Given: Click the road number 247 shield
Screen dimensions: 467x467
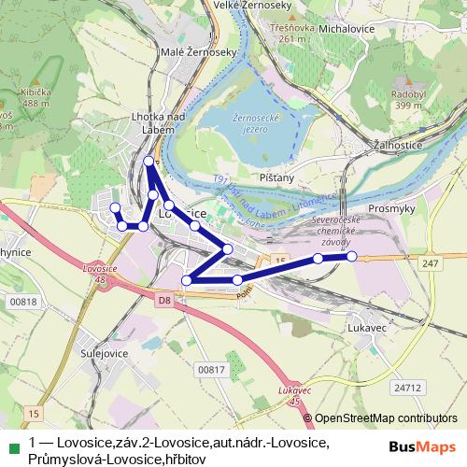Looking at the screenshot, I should coord(429,265).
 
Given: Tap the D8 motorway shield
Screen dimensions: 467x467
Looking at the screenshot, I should coord(165,301).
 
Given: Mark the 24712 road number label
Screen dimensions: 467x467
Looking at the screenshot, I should coord(408,386).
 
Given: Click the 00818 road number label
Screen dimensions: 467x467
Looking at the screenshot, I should coord(24,301).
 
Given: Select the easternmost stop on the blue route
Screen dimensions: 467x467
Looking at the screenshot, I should coord(352,256).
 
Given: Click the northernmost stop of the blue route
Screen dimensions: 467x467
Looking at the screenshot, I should coord(149,163).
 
